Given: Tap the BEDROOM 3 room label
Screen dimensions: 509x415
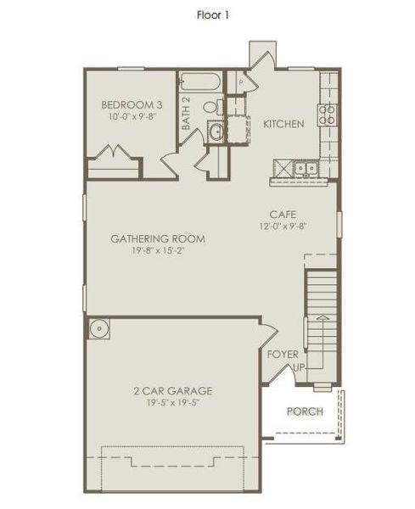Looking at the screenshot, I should click(x=132, y=104).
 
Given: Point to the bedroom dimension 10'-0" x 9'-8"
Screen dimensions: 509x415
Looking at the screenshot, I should click(x=132, y=118).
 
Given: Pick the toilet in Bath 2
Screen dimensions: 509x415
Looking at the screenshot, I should click(x=213, y=107).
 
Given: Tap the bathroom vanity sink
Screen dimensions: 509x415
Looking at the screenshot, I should click(x=216, y=131).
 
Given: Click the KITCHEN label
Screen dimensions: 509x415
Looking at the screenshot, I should click(x=283, y=124).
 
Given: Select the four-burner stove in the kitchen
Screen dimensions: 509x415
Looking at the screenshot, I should click(x=328, y=115).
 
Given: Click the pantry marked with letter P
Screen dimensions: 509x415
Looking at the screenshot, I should click(x=241, y=82).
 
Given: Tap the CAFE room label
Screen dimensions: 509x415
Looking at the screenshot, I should click(x=283, y=215).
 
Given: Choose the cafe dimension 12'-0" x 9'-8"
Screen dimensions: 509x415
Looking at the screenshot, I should click(x=283, y=227).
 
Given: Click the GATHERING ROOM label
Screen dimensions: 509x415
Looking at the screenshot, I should click(x=158, y=238).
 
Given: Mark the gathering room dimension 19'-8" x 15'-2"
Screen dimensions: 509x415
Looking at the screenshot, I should click(x=158, y=251).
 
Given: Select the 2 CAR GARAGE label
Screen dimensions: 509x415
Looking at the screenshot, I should click(x=172, y=391).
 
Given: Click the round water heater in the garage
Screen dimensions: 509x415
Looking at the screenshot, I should click(x=98, y=328).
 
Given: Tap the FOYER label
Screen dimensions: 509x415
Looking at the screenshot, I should click(x=283, y=354).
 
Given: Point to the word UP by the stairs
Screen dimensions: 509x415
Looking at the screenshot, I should click(x=298, y=368).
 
